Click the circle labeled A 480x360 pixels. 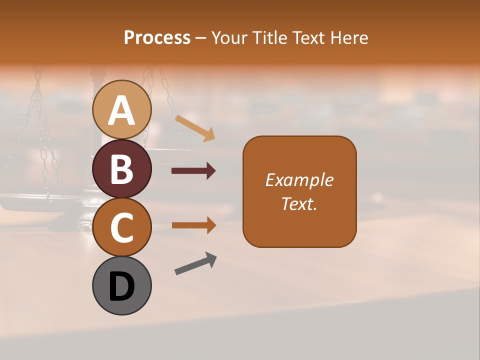[x=122, y=109]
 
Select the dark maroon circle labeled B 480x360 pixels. [x=122, y=168]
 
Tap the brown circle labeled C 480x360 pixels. [x=122, y=227]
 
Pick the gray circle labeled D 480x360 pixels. [x=122, y=285]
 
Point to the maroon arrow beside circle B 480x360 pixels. [x=193, y=171]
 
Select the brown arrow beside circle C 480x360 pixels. [x=193, y=225]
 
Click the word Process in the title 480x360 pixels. [x=157, y=37]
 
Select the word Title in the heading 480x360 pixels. [x=270, y=37]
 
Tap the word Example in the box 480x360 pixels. [x=299, y=180]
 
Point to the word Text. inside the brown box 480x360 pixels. [x=299, y=203]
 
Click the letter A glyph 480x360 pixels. [x=122, y=110]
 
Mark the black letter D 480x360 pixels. [x=122, y=286]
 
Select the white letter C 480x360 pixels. [x=122, y=227]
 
